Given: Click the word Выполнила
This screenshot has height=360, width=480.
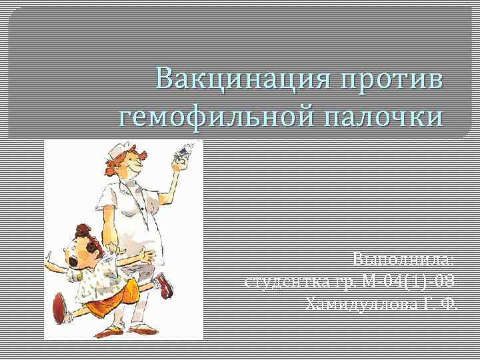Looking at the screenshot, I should tap(403, 259).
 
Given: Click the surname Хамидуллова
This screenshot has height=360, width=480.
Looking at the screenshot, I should tap(361, 305).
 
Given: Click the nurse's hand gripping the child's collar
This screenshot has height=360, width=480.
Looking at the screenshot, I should tap(108, 247).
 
